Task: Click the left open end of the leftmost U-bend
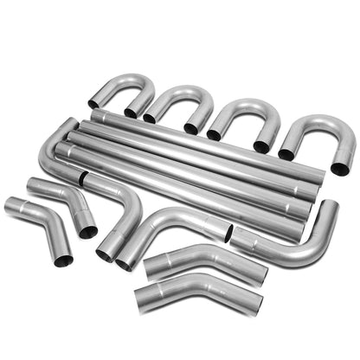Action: click(93, 105)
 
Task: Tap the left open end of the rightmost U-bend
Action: click(286, 154)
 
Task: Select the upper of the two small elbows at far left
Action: click(61, 195)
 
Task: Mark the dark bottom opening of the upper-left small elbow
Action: click(87, 230)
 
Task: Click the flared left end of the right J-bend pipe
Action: click(238, 240)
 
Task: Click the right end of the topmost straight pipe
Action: click(320, 174)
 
